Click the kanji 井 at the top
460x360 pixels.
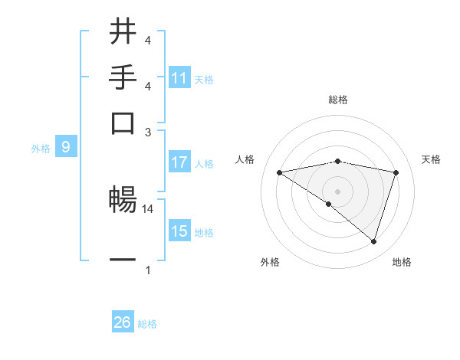(x=123, y=32)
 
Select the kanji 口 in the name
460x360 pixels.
(x=123, y=123)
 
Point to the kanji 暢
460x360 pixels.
(x=123, y=201)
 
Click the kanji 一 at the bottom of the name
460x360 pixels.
(x=123, y=260)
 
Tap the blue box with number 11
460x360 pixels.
(x=179, y=78)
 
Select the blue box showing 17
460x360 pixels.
(x=179, y=162)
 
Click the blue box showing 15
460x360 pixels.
(x=179, y=231)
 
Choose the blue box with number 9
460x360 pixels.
(x=66, y=148)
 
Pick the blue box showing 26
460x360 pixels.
(x=123, y=322)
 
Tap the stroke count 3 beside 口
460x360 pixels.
(x=148, y=132)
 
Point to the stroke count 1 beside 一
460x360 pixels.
(x=148, y=270)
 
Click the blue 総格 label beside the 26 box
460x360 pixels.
(x=148, y=324)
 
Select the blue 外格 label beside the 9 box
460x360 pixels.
(x=41, y=149)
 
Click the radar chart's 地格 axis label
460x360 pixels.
(x=402, y=262)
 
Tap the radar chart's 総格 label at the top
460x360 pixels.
(x=338, y=100)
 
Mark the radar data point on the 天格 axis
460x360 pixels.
(x=396, y=172)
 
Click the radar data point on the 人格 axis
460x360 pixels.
(x=279, y=172)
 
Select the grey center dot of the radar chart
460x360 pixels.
(x=337, y=191)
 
